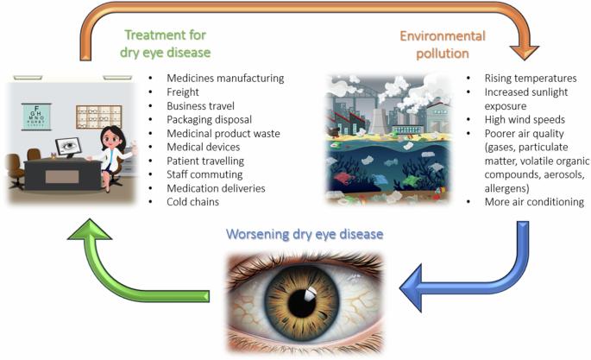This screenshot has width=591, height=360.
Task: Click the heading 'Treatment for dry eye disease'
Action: point(165,43)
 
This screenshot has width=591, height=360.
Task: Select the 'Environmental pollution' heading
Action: point(443,45)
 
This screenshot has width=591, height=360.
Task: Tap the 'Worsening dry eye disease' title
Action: point(305,234)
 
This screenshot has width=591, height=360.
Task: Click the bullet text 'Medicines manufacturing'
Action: point(225,78)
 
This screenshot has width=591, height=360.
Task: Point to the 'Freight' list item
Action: point(183,92)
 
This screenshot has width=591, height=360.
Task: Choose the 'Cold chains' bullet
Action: point(193,202)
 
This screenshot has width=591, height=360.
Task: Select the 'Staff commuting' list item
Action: point(204,174)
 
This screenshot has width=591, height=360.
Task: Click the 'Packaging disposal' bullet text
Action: point(209,119)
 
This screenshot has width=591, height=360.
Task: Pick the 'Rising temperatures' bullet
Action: point(531,78)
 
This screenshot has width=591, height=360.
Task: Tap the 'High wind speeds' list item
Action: point(525,119)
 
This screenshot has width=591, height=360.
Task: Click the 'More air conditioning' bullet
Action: point(534,202)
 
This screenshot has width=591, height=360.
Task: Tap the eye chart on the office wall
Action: point(36,117)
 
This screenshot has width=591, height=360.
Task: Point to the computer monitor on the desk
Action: point(68,147)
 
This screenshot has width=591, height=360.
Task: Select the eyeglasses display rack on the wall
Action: point(98,117)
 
